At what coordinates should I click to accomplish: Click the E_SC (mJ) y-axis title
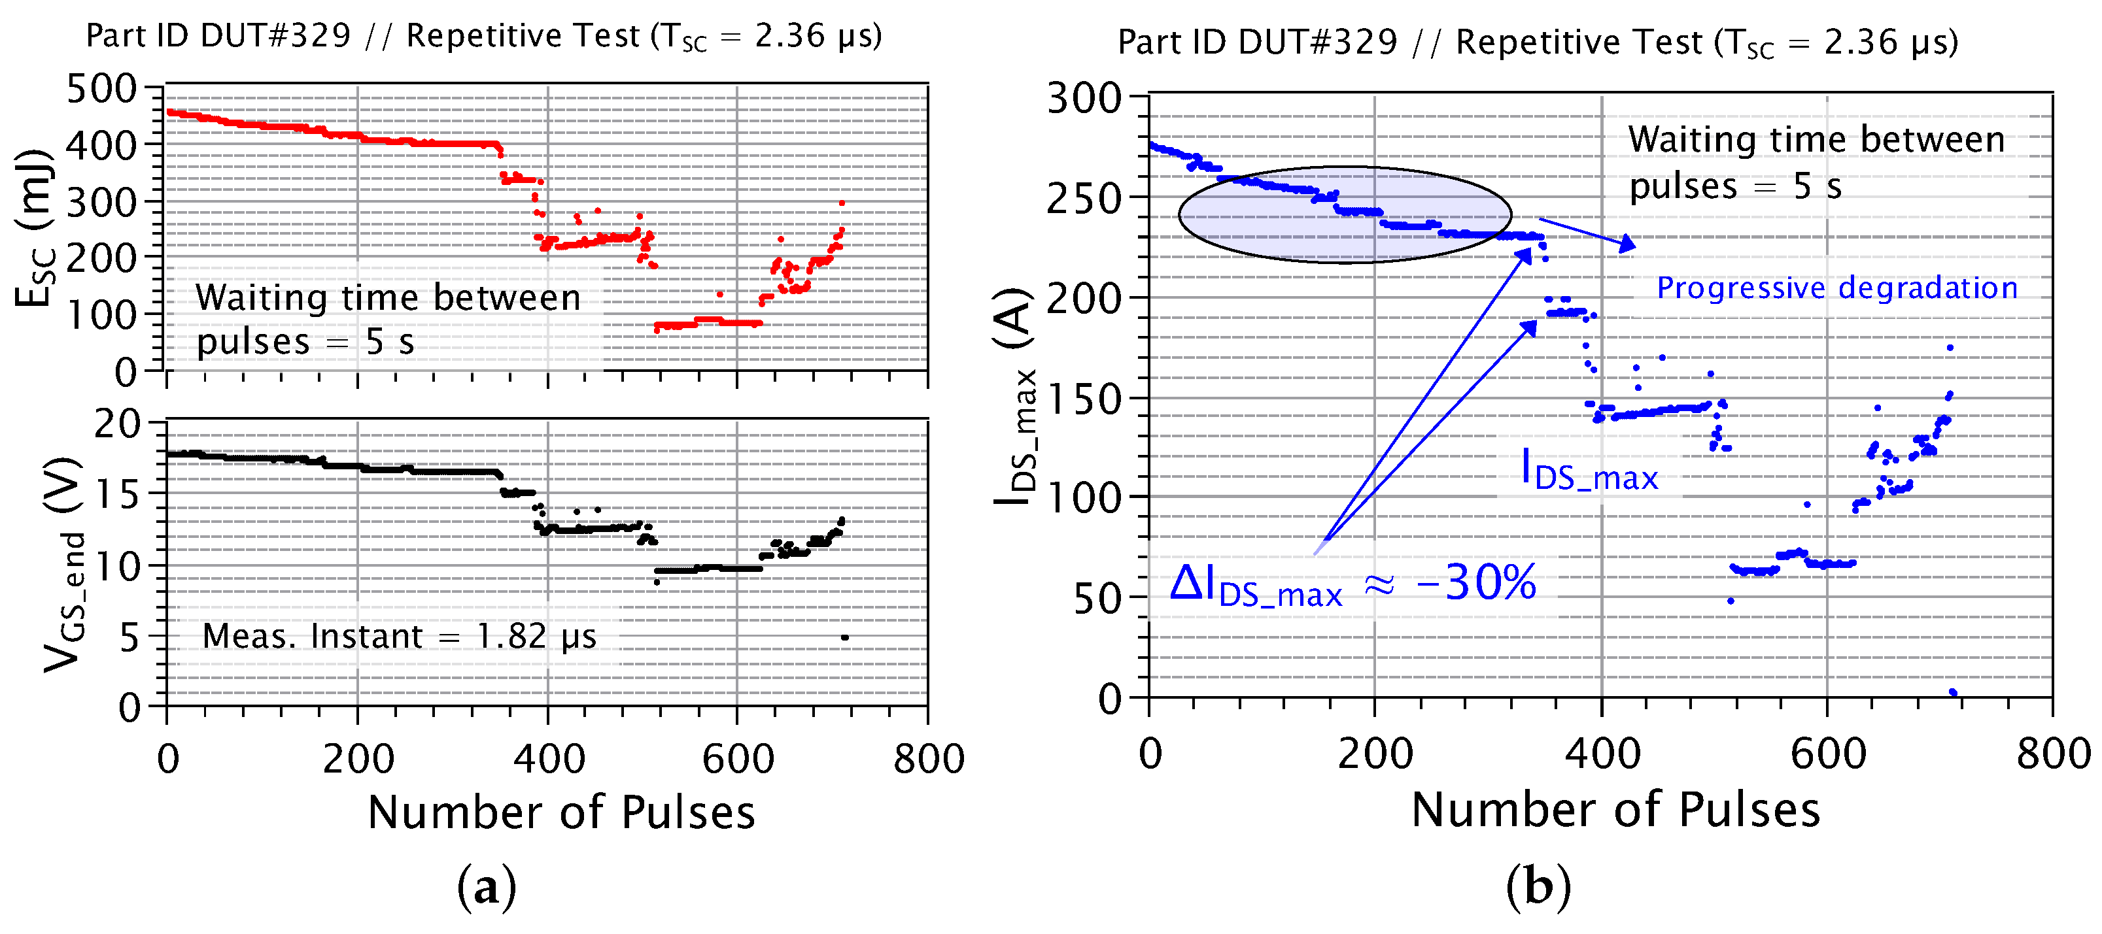coord(35,228)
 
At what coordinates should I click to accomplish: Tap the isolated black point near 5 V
coord(844,637)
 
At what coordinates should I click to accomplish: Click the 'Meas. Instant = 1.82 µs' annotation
coord(399,636)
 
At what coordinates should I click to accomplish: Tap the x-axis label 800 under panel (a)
coord(929,759)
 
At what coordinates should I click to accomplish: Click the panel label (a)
coord(487,888)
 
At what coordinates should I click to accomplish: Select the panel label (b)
coord(1538,888)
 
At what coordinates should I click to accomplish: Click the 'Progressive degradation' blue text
coord(1837,288)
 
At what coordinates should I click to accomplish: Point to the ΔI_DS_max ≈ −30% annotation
coord(1352,585)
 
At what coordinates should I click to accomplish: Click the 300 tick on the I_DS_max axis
coord(1084,99)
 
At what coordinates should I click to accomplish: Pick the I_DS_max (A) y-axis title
coord(1015,395)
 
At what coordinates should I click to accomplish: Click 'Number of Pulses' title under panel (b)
coord(1615,810)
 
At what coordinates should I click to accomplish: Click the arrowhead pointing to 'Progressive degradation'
coord(1628,244)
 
